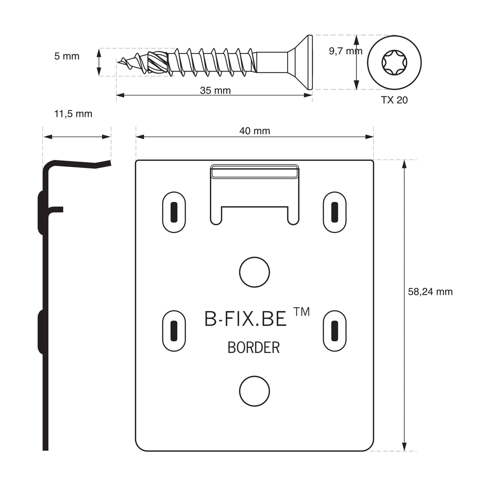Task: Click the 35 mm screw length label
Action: [x=215, y=91]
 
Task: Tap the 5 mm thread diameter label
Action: [x=67, y=56]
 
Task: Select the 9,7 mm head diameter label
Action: [x=346, y=51]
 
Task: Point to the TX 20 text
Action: [x=394, y=100]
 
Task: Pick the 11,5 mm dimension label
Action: [x=73, y=114]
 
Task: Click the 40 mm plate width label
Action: [x=254, y=131]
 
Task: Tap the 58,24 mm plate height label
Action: [x=430, y=292]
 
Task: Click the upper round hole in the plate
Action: [x=254, y=272]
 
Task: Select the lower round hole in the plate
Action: [x=254, y=391]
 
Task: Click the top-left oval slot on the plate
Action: [x=174, y=212]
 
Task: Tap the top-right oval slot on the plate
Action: [x=335, y=212]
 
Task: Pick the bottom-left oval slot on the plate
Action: [x=174, y=331]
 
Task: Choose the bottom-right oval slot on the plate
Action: [x=335, y=331]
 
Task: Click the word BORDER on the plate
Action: [x=254, y=347]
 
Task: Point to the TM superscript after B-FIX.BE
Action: [x=301, y=311]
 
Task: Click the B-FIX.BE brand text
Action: [x=246, y=319]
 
